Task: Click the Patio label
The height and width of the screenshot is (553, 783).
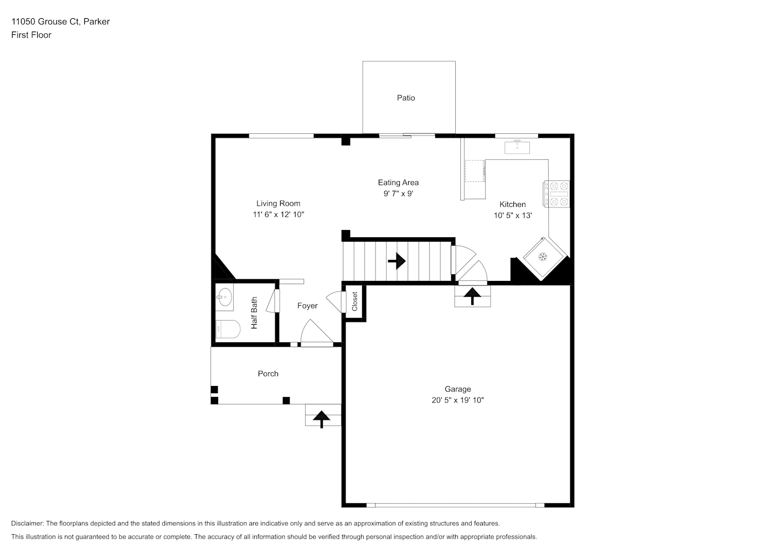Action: pos(406,98)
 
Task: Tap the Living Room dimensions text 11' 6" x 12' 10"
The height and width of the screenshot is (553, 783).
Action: pos(279,215)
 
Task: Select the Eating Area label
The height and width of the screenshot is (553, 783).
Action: pos(398,182)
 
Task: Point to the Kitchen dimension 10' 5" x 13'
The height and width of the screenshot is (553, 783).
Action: pos(513,216)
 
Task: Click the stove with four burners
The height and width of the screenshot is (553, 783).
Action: pos(557,194)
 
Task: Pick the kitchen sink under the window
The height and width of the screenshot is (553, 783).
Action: pos(517,147)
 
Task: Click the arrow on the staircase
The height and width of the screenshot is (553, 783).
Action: pos(396,261)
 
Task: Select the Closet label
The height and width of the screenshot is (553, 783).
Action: pos(355,301)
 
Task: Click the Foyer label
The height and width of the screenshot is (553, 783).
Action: pos(307,306)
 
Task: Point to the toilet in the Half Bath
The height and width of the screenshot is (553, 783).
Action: pos(228,329)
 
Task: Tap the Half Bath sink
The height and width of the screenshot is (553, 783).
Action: pos(224,297)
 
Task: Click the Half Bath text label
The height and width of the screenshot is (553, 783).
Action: pos(254,313)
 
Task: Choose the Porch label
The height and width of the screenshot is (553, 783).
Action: pos(268,374)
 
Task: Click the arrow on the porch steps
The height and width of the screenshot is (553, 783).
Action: pos(322,419)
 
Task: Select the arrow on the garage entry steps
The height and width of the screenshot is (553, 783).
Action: pos(472,296)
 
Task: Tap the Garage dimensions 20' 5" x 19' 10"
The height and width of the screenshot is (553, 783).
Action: pos(457,400)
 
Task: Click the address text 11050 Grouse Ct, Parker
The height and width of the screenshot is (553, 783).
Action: pos(60,22)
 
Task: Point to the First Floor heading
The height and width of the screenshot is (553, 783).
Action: pos(31,35)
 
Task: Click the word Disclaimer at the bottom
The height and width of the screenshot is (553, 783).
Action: pos(27,523)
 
